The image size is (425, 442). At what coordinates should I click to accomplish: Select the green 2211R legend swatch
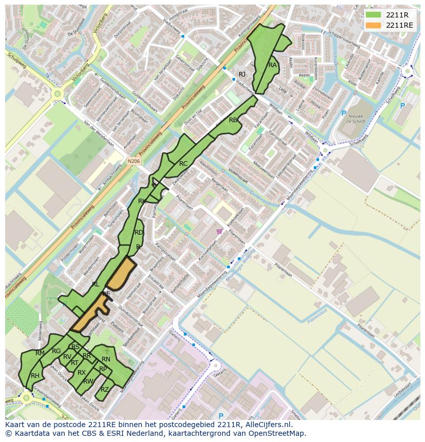pos(374,15)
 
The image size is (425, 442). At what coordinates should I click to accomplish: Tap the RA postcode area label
pos(273,65)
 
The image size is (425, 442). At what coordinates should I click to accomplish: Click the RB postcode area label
pos(233,120)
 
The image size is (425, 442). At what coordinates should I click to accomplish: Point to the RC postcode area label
pos(183,164)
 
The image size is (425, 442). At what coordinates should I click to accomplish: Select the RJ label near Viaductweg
pos(242,74)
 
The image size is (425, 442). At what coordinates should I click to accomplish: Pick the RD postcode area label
pos(139,233)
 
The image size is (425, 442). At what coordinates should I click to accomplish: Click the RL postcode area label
pos(96,284)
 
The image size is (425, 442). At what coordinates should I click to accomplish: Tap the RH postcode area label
pos(35,376)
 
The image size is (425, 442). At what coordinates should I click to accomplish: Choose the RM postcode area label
pos(40,353)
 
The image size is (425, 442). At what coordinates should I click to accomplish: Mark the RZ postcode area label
pos(105,389)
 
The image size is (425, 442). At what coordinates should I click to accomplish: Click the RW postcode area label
pos(88,381)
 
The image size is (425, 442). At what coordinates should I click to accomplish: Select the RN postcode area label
pos(106,359)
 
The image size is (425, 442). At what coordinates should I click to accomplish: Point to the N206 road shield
pos(133,161)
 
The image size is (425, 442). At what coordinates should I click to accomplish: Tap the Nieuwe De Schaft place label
pos(356,119)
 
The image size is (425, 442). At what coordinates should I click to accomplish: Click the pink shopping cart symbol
pos(220,232)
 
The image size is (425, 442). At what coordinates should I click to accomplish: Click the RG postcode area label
pos(56,351)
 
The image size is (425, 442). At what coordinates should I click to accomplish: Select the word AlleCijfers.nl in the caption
pos(267,425)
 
